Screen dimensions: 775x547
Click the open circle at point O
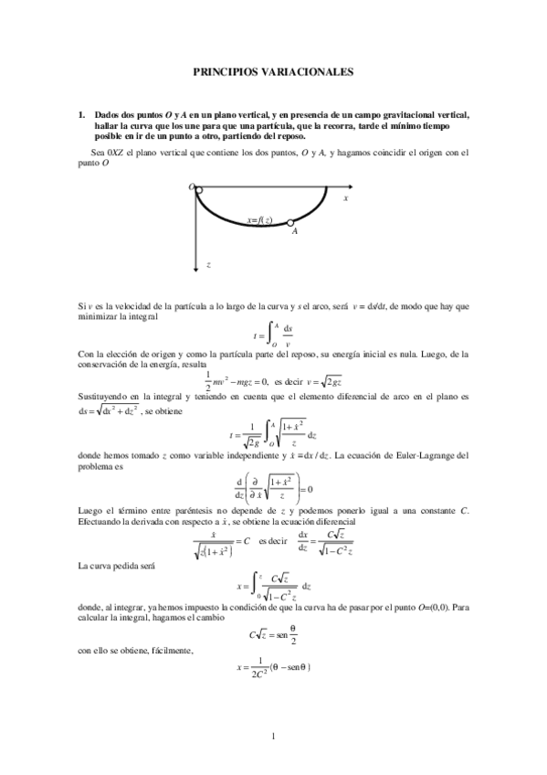point(198,188)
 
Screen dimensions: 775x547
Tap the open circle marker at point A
point(289,222)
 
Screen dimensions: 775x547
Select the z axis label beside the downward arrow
point(209,263)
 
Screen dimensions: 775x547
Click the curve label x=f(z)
point(259,219)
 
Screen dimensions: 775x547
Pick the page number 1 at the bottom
point(273,736)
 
